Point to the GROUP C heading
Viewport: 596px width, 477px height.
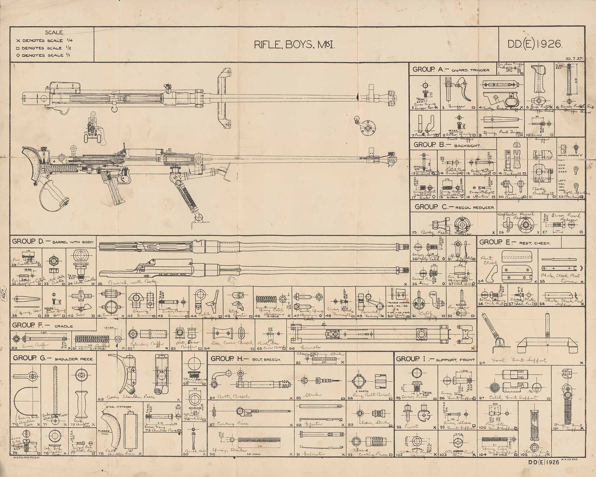(455, 207)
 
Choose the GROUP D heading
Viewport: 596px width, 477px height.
(53, 242)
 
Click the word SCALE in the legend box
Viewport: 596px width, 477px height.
(55, 32)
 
